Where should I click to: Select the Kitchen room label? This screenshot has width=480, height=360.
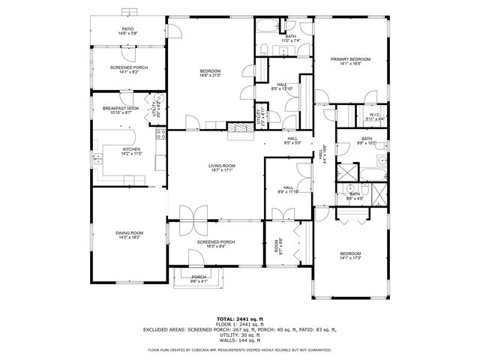click(131, 151)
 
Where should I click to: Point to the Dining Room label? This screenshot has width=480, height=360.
click(129, 235)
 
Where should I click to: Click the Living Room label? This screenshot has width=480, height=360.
click(222, 167)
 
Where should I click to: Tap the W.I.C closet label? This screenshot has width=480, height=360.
click(376, 117)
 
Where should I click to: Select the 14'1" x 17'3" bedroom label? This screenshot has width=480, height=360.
click(351, 256)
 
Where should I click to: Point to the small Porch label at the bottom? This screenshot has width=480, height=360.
click(199, 279)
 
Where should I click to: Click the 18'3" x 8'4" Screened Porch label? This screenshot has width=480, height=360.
click(216, 244)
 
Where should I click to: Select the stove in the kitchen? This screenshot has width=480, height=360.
click(160, 136)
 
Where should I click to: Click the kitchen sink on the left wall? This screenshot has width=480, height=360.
click(97, 157)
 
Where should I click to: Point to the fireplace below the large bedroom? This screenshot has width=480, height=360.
click(241, 127)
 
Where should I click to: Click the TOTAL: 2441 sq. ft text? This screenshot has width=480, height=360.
click(240, 319)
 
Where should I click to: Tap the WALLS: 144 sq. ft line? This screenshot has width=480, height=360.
click(240, 340)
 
